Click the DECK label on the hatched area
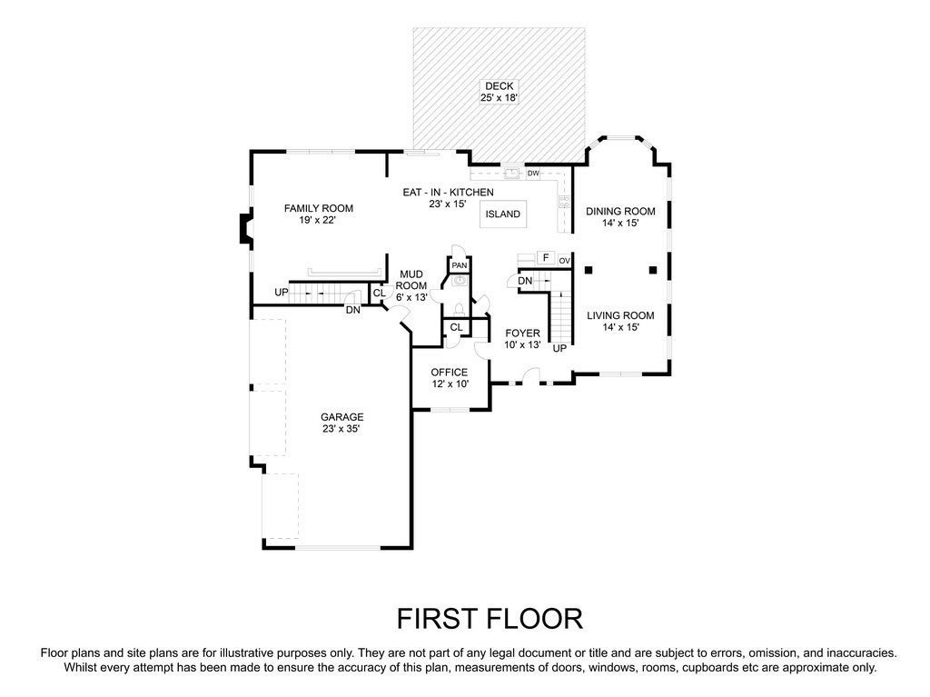click(499, 86)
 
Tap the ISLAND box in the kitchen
click(502, 214)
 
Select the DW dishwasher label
click(533, 173)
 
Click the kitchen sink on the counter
click(511, 173)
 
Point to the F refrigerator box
click(545, 258)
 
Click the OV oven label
click(564, 261)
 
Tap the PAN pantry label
click(460, 265)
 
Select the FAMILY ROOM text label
click(317, 208)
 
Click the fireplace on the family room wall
click(244, 228)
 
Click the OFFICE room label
click(449, 373)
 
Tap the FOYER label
click(522, 334)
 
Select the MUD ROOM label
click(411, 280)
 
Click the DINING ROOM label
click(619, 211)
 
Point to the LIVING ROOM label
click(619, 315)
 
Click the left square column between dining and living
click(589, 269)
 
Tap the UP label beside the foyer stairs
click(559, 348)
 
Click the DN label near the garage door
click(352, 310)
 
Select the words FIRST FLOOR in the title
click(490, 619)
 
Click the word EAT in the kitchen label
click(413, 193)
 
